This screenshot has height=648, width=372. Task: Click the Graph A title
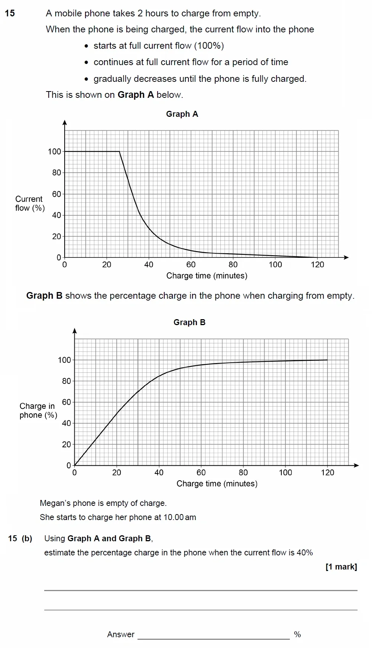click(182, 114)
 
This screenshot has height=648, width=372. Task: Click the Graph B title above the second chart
click(189, 323)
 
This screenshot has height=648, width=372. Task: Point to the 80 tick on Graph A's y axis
click(56, 173)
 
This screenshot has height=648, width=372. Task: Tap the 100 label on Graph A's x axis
click(275, 264)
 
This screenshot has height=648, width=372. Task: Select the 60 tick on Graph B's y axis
click(66, 402)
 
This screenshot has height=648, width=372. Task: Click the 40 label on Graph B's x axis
click(159, 472)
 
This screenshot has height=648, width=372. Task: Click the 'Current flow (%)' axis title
click(30, 203)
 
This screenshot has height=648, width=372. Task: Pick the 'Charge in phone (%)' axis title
click(38, 411)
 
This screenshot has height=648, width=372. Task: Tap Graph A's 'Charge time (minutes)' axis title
click(207, 276)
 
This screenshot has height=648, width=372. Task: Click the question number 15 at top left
click(10, 13)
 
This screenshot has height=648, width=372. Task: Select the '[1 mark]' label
click(341, 567)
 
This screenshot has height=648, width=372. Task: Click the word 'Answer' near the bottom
click(120, 635)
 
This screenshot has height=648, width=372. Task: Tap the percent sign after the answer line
click(297, 635)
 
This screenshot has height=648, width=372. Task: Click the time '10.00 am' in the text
click(179, 517)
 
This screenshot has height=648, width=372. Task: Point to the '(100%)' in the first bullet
click(209, 46)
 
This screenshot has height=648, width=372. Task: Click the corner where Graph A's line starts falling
click(119, 151)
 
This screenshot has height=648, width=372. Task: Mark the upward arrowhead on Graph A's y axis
click(65, 122)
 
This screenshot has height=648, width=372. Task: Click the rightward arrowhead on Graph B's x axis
click(356, 465)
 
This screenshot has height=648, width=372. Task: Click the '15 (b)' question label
click(20, 539)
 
